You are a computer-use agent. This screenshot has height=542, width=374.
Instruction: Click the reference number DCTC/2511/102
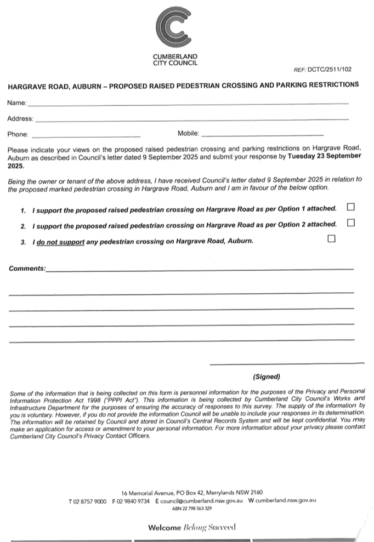(330, 70)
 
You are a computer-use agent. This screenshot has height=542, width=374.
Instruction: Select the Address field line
(192, 119)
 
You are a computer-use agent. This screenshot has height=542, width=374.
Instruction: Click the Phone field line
(86, 135)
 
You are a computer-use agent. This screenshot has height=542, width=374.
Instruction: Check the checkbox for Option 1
(351, 207)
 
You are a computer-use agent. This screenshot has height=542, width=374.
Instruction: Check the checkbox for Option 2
(351, 222)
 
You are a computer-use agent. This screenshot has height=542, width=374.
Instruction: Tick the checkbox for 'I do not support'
(331, 238)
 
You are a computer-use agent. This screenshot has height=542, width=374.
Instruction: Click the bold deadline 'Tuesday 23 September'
(324, 156)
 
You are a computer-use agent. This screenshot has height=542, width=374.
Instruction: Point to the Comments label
(26, 268)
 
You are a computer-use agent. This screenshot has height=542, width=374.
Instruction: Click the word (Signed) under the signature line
(267, 377)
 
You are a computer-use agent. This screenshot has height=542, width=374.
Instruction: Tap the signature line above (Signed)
(287, 363)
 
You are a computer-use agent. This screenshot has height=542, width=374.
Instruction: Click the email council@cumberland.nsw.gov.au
(201, 501)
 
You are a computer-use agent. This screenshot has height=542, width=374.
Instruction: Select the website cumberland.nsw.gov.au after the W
(285, 501)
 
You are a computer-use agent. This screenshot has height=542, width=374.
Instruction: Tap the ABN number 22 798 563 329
(191, 509)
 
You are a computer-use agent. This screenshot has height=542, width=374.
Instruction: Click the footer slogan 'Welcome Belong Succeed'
(191, 527)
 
